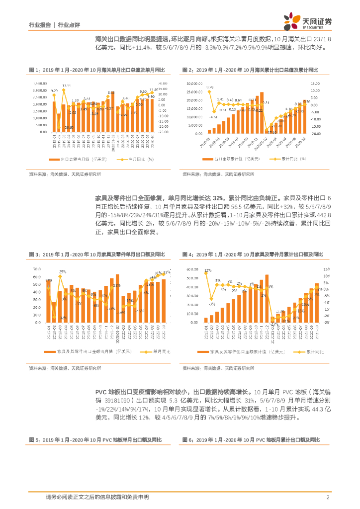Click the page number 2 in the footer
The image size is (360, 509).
pos(328,497)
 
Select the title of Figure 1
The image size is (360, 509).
pos(96,70)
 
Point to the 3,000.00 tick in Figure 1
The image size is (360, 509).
pos(40,91)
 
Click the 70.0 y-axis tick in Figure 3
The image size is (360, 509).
pos(37,269)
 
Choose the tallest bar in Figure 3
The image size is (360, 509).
pos(117,298)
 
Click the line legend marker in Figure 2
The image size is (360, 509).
pos(272,159)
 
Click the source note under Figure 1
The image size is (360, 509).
pos(65,174)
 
